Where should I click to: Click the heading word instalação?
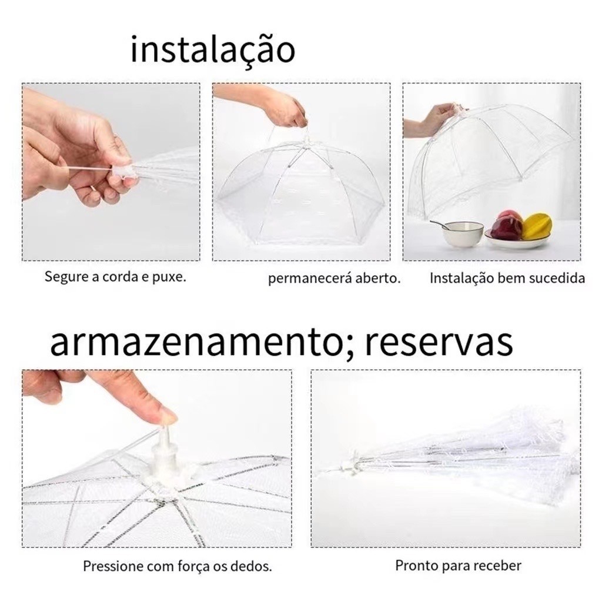213,50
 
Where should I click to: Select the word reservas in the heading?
439,343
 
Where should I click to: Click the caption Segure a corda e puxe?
115,276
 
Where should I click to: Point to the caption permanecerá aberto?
334,278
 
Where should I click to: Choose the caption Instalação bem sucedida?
507,277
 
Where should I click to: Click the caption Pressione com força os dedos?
178,566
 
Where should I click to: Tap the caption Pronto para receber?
458,566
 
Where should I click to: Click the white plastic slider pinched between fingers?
123,172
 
